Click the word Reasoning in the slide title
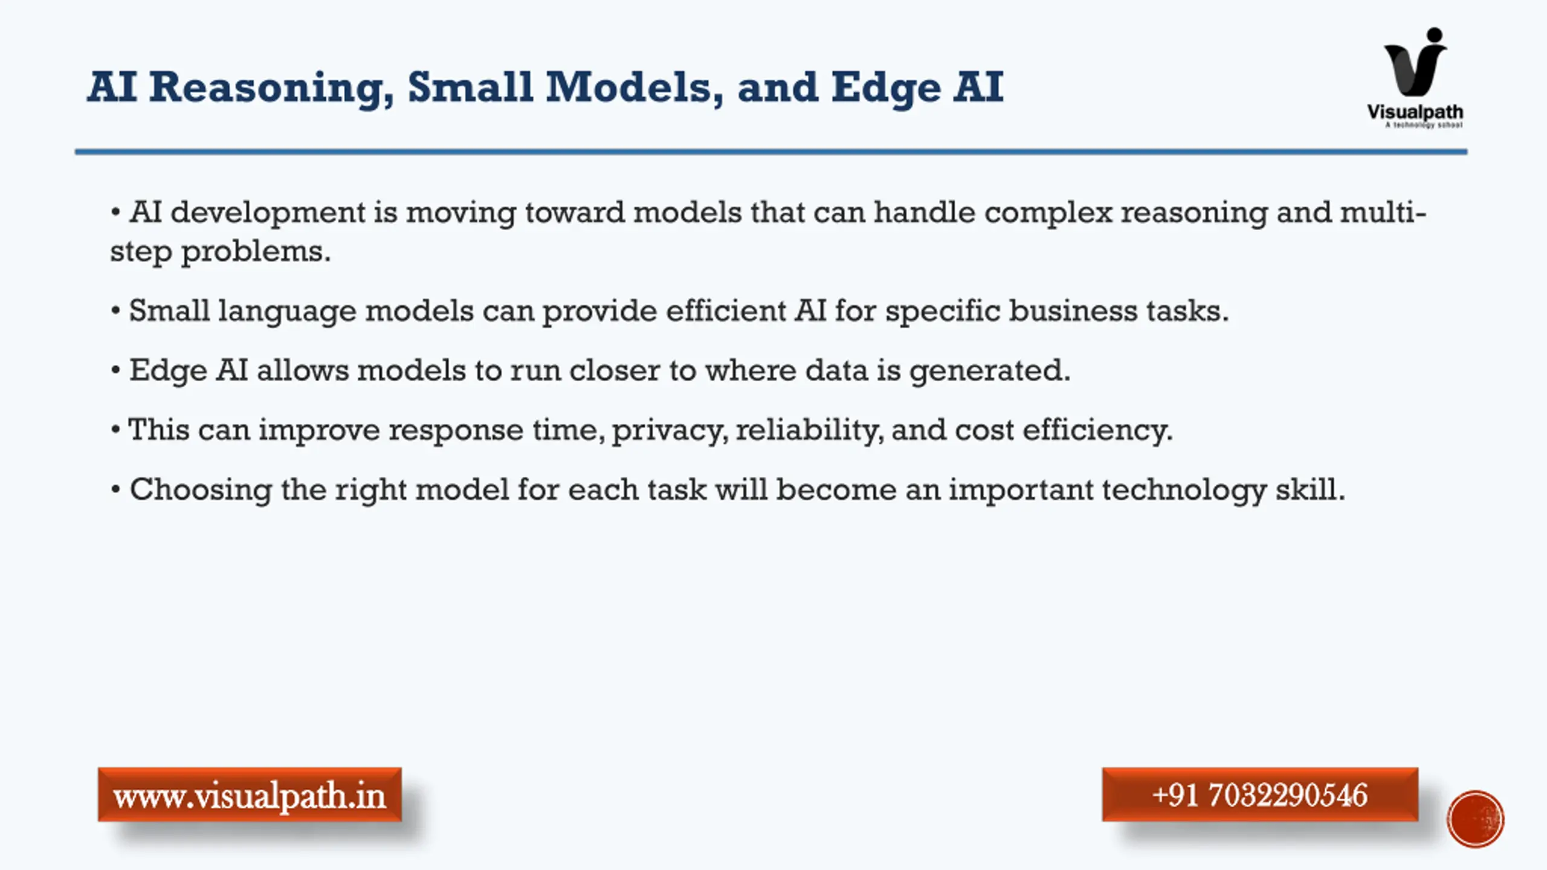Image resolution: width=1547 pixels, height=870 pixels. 271,88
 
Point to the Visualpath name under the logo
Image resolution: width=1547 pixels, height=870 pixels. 1415,112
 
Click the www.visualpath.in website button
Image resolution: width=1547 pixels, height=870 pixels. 250,794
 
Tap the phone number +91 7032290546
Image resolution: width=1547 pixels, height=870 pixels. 1260,794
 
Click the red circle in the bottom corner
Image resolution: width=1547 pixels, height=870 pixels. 1475,819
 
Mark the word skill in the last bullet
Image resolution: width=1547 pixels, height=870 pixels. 1310,489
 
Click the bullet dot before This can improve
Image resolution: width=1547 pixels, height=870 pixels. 116,431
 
